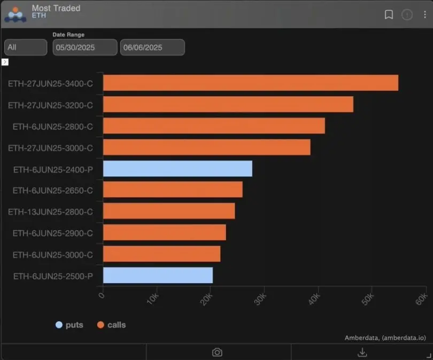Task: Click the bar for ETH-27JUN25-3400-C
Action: click(x=250, y=83)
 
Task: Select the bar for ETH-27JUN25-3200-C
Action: click(x=228, y=104)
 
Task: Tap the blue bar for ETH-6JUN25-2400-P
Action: click(x=177, y=169)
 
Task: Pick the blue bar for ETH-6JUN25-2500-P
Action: click(x=158, y=276)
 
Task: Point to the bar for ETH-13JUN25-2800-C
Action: click(x=169, y=212)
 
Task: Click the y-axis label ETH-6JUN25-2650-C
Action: click(x=53, y=190)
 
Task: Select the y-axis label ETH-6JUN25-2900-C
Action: click(x=53, y=233)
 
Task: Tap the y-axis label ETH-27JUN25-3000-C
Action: click(x=50, y=147)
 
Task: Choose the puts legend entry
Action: click(x=69, y=325)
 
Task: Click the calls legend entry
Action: click(x=112, y=325)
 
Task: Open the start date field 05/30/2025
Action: click(x=84, y=48)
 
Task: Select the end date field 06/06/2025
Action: click(x=152, y=48)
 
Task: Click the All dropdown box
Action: click(x=26, y=48)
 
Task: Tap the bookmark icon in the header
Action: click(x=389, y=14)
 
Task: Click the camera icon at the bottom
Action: click(x=217, y=352)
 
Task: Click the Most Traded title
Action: click(x=56, y=8)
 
